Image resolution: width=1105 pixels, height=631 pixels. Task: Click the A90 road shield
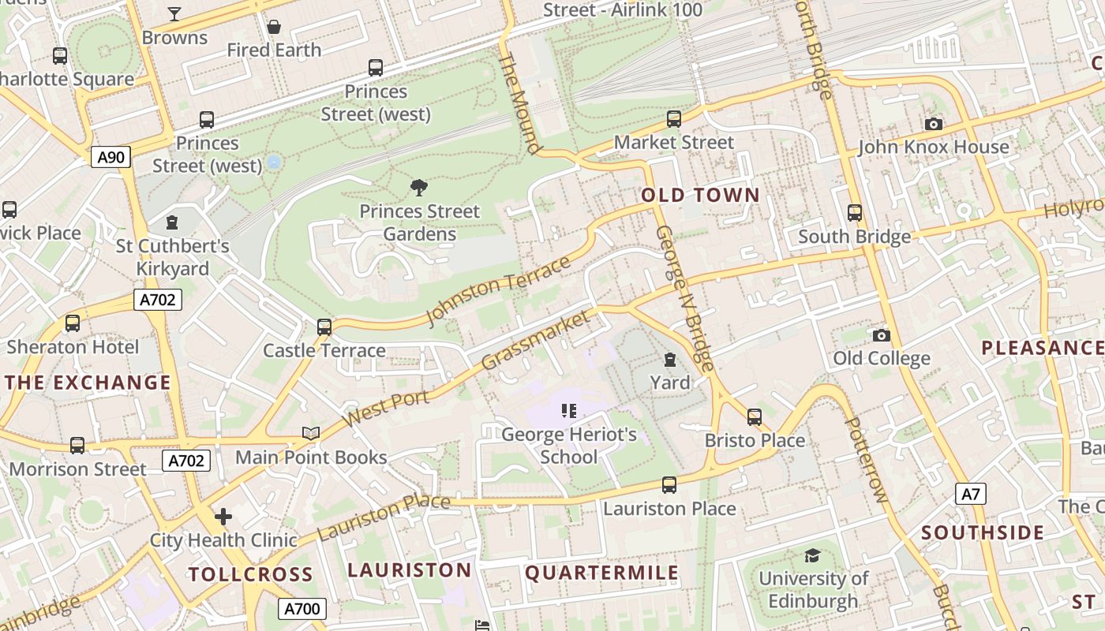[x=110, y=157]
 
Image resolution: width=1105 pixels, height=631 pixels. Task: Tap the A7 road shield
[x=971, y=495]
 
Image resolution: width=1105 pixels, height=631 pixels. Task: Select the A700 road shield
[x=302, y=609]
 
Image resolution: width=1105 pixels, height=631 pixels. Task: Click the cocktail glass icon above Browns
[x=174, y=13]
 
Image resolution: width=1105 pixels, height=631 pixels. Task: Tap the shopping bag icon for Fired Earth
[x=274, y=28]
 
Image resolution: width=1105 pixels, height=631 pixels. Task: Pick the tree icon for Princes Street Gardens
[x=419, y=188]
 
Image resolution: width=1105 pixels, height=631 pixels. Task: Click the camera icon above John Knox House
[x=933, y=124]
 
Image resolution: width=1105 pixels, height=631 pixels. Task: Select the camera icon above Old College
[x=882, y=336]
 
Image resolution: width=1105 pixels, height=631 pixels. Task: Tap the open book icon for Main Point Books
[x=311, y=433]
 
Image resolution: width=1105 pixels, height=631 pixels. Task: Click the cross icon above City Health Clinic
[x=223, y=517]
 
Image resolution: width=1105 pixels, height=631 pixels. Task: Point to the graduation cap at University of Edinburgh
[x=812, y=555]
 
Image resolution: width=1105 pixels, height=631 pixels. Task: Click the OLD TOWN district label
[x=700, y=195]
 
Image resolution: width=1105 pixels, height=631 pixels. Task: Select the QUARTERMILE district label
[x=601, y=573]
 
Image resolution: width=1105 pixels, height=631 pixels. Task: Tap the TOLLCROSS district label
[x=250, y=574]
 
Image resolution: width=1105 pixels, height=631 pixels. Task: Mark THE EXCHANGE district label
[x=88, y=383]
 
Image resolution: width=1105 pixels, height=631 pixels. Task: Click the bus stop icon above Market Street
[x=674, y=119]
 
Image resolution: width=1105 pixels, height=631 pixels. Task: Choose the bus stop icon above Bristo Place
[x=755, y=416]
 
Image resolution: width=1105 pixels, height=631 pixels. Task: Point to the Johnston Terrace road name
[x=497, y=290]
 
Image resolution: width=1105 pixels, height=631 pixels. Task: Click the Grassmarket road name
[x=535, y=341]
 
